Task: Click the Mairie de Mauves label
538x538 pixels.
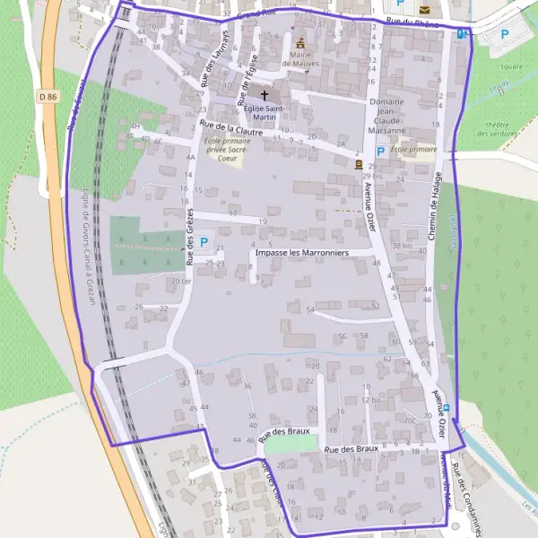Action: [x=299, y=59]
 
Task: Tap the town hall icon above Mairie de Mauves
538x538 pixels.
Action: [x=299, y=43]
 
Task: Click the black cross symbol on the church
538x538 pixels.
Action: [x=264, y=93]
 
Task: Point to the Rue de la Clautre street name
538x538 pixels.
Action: [x=231, y=129]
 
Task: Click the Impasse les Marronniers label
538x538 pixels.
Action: [x=313, y=254]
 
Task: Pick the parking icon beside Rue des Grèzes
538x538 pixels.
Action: [x=204, y=242]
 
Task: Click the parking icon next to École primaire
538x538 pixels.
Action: [x=380, y=152]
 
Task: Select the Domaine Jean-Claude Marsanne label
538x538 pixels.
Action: [x=387, y=116]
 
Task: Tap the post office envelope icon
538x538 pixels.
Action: [x=423, y=11]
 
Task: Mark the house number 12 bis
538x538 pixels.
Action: [x=372, y=399]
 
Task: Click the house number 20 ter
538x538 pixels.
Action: [x=181, y=281]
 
